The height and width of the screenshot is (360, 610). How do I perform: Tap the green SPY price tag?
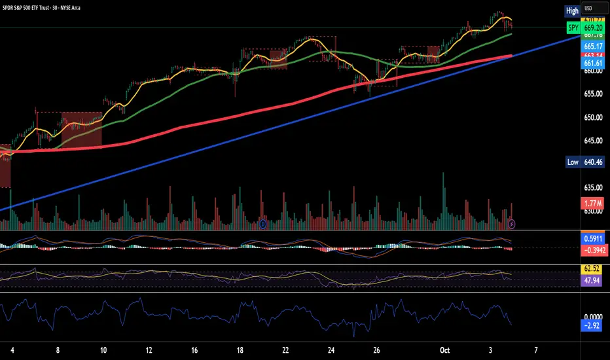pyautogui.click(x=573, y=29)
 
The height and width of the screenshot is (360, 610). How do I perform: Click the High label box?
pyautogui.click(x=572, y=10)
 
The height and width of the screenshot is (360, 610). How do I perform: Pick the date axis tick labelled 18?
pyautogui.click(x=240, y=349)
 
